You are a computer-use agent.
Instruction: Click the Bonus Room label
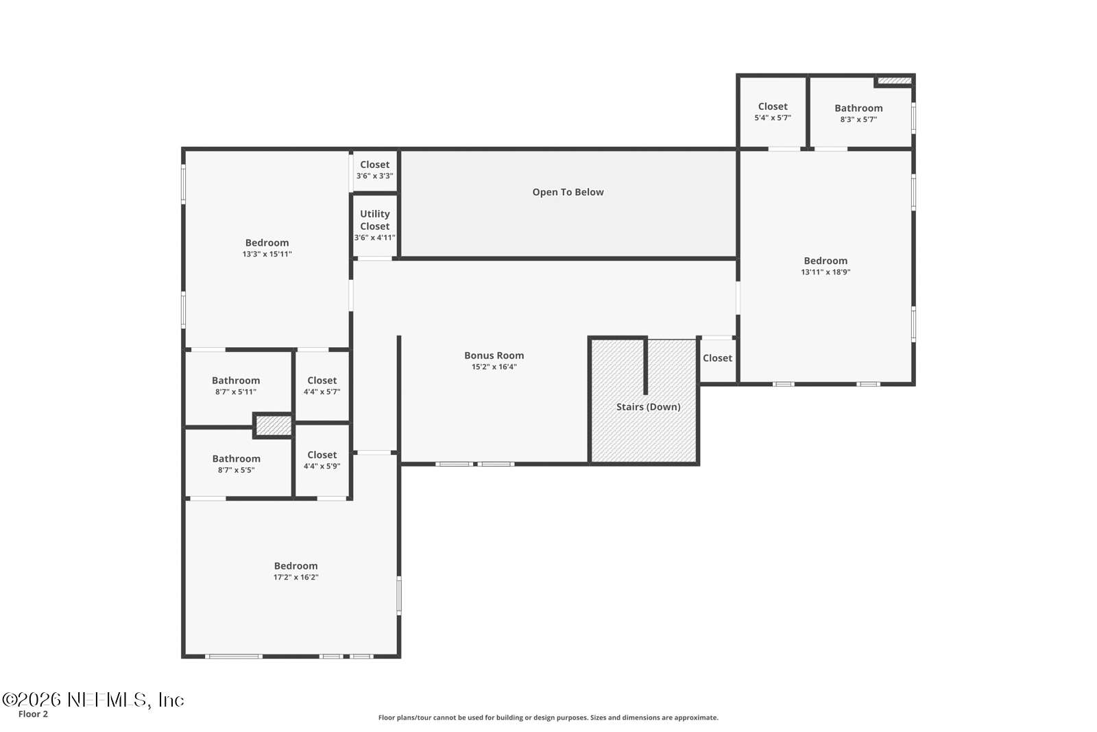click(x=494, y=355)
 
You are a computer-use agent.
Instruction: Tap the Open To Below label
click(x=568, y=192)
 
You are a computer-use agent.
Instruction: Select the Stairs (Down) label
click(x=648, y=407)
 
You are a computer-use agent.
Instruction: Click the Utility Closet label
click(x=374, y=220)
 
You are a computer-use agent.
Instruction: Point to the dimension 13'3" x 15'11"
click(x=267, y=255)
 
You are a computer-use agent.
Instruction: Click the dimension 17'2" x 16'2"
click(x=296, y=578)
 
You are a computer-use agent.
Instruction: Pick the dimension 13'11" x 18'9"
click(x=825, y=272)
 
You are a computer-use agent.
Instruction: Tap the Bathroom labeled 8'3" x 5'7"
click(x=858, y=108)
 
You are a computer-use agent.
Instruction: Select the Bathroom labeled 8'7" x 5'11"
click(x=236, y=381)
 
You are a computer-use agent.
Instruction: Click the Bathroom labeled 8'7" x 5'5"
click(x=236, y=459)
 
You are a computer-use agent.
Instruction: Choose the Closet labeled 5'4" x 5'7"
click(x=773, y=107)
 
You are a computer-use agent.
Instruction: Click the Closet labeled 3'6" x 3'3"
click(x=374, y=165)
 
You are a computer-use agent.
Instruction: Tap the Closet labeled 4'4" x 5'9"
click(x=322, y=455)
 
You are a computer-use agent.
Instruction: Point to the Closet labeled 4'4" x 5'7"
click(x=322, y=381)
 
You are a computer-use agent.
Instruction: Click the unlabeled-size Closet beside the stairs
click(x=717, y=358)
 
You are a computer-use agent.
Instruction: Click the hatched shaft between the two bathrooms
click(x=274, y=425)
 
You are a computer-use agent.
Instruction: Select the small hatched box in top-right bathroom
click(x=894, y=81)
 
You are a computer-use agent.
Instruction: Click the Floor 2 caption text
click(x=33, y=714)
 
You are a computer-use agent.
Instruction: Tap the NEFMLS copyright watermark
click(x=93, y=700)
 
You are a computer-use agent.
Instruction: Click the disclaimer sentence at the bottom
click(x=548, y=718)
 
